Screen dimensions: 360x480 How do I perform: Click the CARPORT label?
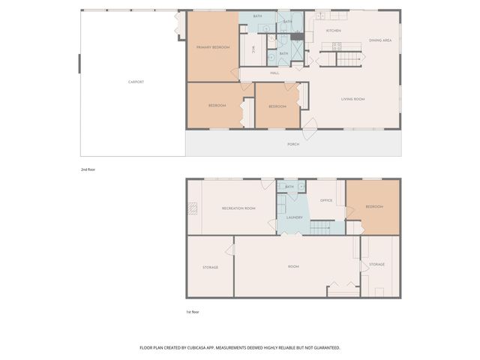(136, 82)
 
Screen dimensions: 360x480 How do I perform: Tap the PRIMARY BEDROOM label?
(213, 48)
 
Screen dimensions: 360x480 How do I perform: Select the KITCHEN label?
(334, 31)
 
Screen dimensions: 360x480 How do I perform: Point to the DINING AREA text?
(380, 40)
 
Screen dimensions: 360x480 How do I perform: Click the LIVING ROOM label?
(352, 99)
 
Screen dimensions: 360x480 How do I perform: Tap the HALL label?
(274, 73)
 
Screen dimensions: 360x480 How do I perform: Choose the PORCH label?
(293, 144)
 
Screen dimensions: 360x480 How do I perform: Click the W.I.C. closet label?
(253, 50)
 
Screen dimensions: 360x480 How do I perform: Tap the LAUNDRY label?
(294, 217)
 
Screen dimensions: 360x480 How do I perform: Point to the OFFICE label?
(326, 200)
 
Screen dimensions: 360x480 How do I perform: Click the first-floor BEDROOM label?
(374, 206)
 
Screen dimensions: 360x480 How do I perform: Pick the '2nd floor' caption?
(88, 169)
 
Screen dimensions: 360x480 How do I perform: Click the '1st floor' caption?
(193, 311)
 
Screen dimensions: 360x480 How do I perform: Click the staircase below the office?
(322, 227)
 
